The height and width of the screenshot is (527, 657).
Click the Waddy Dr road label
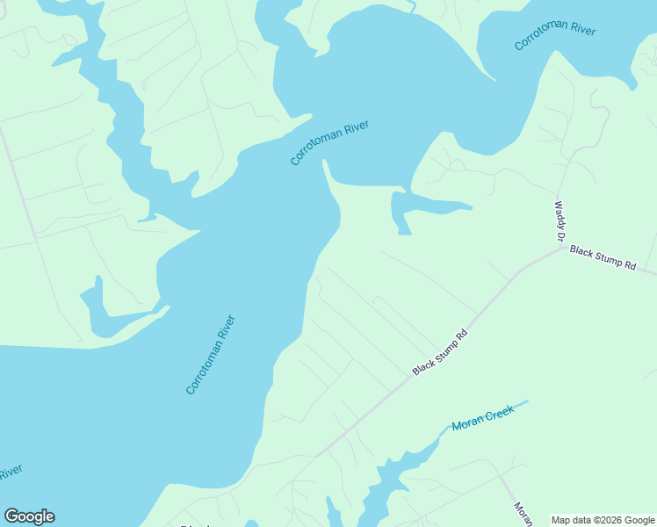pyautogui.click(x=559, y=221)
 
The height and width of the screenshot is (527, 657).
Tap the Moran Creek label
pyautogui.click(x=482, y=418)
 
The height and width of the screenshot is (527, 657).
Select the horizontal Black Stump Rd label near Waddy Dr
pyautogui.click(x=602, y=257)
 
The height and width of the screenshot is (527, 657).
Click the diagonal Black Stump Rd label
pyautogui.click(x=439, y=350)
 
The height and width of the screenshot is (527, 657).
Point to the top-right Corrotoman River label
pyautogui.click(x=555, y=38)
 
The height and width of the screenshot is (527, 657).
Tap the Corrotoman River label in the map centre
pyautogui.click(x=329, y=143)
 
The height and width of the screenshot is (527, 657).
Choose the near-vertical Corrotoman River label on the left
pyautogui.click(x=211, y=354)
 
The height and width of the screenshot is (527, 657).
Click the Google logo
pyautogui.click(x=29, y=516)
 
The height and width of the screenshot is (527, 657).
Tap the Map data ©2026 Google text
pyautogui.click(x=603, y=520)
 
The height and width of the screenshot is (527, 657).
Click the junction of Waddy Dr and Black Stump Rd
pyautogui.click(x=563, y=246)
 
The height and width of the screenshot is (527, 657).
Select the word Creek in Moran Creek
pyautogui.click(x=498, y=412)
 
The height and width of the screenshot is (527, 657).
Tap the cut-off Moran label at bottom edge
pyautogui.click(x=522, y=514)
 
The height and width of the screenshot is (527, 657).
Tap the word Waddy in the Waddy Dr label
pyautogui.click(x=558, y=215)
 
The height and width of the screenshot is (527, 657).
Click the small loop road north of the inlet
pyautogui.click(x=455, y=162)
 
